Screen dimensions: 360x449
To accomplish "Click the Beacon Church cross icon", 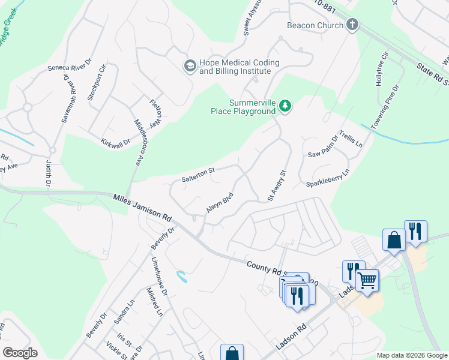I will click(x=352, y=25).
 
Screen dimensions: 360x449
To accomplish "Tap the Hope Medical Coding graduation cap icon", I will click(x=190, y=65).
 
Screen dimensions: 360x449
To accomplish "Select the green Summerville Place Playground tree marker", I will click(x=286, y=107).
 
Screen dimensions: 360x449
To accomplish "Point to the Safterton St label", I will click(x=198, y=175).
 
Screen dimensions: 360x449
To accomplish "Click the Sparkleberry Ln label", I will click(x=328, y=179).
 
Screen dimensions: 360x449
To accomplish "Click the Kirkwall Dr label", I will click(x=115, y=141).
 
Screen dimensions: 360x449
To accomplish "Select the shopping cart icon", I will click(x=366, y=279).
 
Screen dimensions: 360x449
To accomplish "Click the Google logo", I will click(x=20, y=353).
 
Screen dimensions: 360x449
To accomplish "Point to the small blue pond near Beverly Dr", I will click(x=181, y=277).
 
